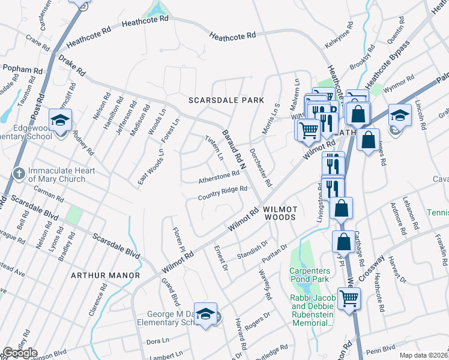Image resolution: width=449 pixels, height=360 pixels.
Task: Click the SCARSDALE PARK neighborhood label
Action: point(226,100)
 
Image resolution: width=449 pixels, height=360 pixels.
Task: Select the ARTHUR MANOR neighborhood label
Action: point(105,275)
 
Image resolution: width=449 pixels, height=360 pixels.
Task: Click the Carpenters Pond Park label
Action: point(310,275)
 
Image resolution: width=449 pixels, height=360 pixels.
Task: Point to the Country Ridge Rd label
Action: point(223,193)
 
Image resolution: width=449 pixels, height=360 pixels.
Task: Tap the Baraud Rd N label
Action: point(235,148)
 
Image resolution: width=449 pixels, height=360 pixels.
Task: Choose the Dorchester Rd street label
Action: point(261,167)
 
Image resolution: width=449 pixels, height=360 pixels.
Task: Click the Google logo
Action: point(20,353)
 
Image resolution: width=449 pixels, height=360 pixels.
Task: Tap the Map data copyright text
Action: point(424,355)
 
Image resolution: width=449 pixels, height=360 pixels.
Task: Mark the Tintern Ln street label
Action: point(214,148)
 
